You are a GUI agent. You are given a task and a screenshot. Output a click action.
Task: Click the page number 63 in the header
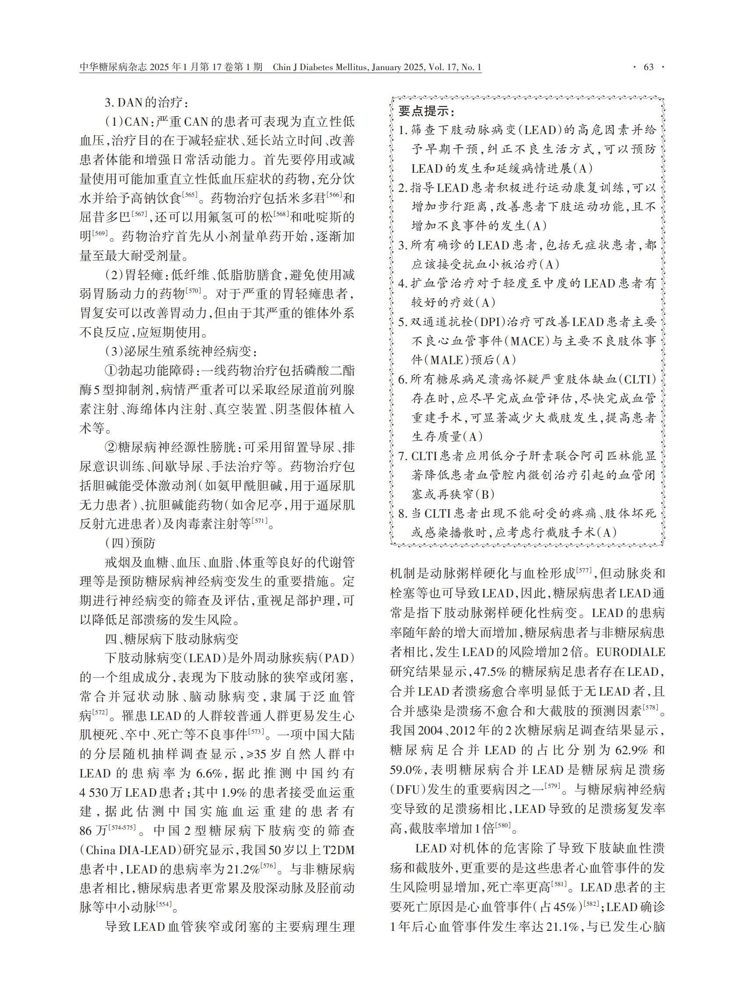pyautogui.click(x=649, y=67)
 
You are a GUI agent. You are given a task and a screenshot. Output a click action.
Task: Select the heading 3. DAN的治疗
pyautogui.click(x=144, y=102)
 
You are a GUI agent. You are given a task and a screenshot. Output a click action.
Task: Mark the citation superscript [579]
pyautogui.click(x=552, y=786)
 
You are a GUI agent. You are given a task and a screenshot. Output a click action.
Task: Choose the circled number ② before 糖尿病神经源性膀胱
pyautogui.click(x=111, y=447)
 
